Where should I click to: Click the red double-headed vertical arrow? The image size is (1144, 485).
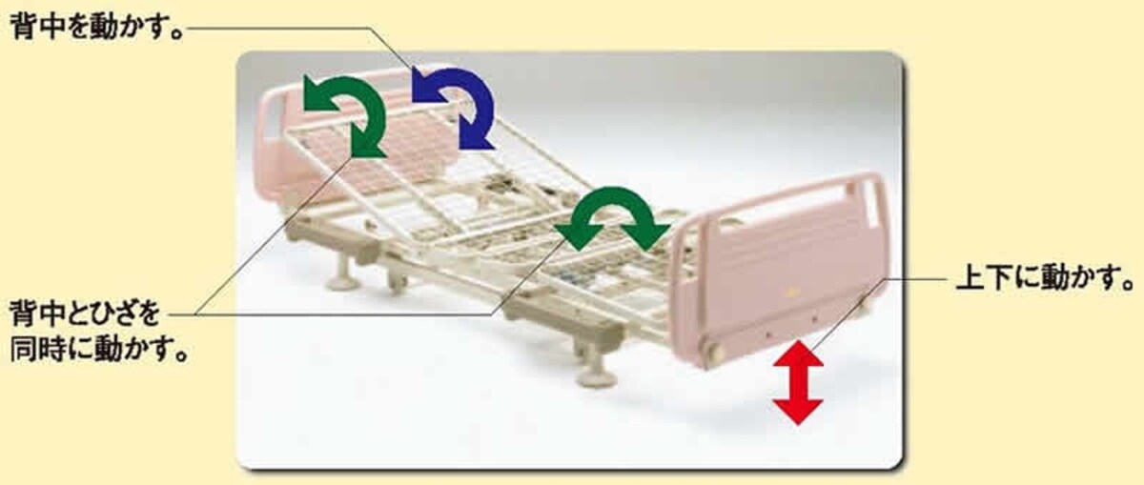pos(798,383)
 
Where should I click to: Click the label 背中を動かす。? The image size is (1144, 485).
pos(97,27)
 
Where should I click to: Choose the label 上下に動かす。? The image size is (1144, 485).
pos(1045,277)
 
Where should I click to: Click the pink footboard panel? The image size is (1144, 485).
pos(782,271)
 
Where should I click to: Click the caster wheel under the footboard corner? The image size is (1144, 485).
pos(713,354)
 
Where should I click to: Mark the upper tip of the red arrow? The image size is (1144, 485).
pos(798,342)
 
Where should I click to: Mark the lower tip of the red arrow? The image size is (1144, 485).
pos(798,425)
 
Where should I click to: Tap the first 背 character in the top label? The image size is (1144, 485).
pos(25,27)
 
